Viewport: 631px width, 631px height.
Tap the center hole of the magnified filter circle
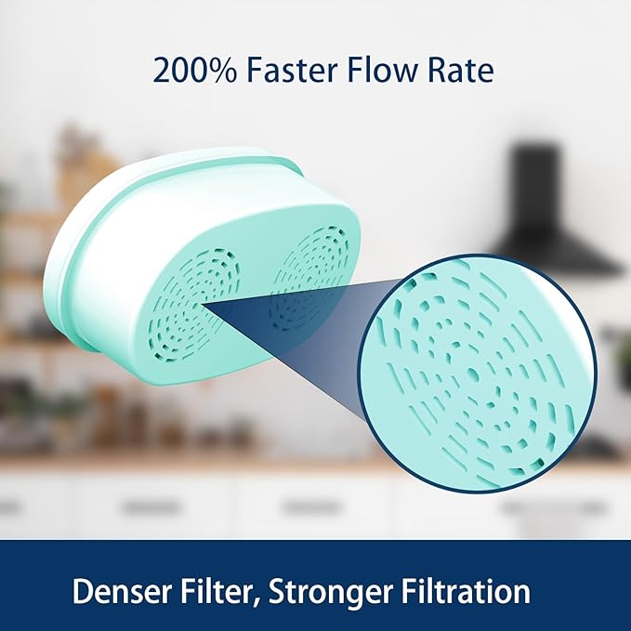pyautogui.click(x=472, y=375)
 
